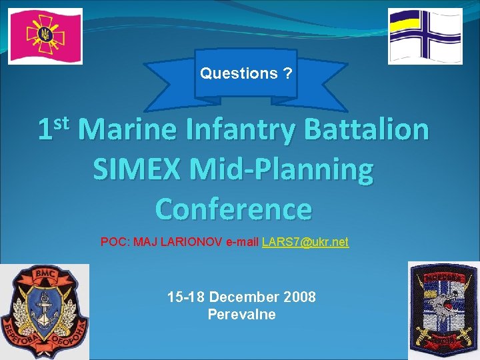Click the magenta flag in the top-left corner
(45, 36)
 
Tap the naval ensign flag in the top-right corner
(425, 36)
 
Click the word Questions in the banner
(239, 73)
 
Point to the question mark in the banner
(287, 73)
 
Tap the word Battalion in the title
(367, 129)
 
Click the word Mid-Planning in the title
(283, 169)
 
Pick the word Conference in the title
(233, 209)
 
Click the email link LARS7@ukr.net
(305, 241)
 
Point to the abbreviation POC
(114, 241)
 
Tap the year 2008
(301, 297)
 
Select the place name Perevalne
(241, 314)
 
